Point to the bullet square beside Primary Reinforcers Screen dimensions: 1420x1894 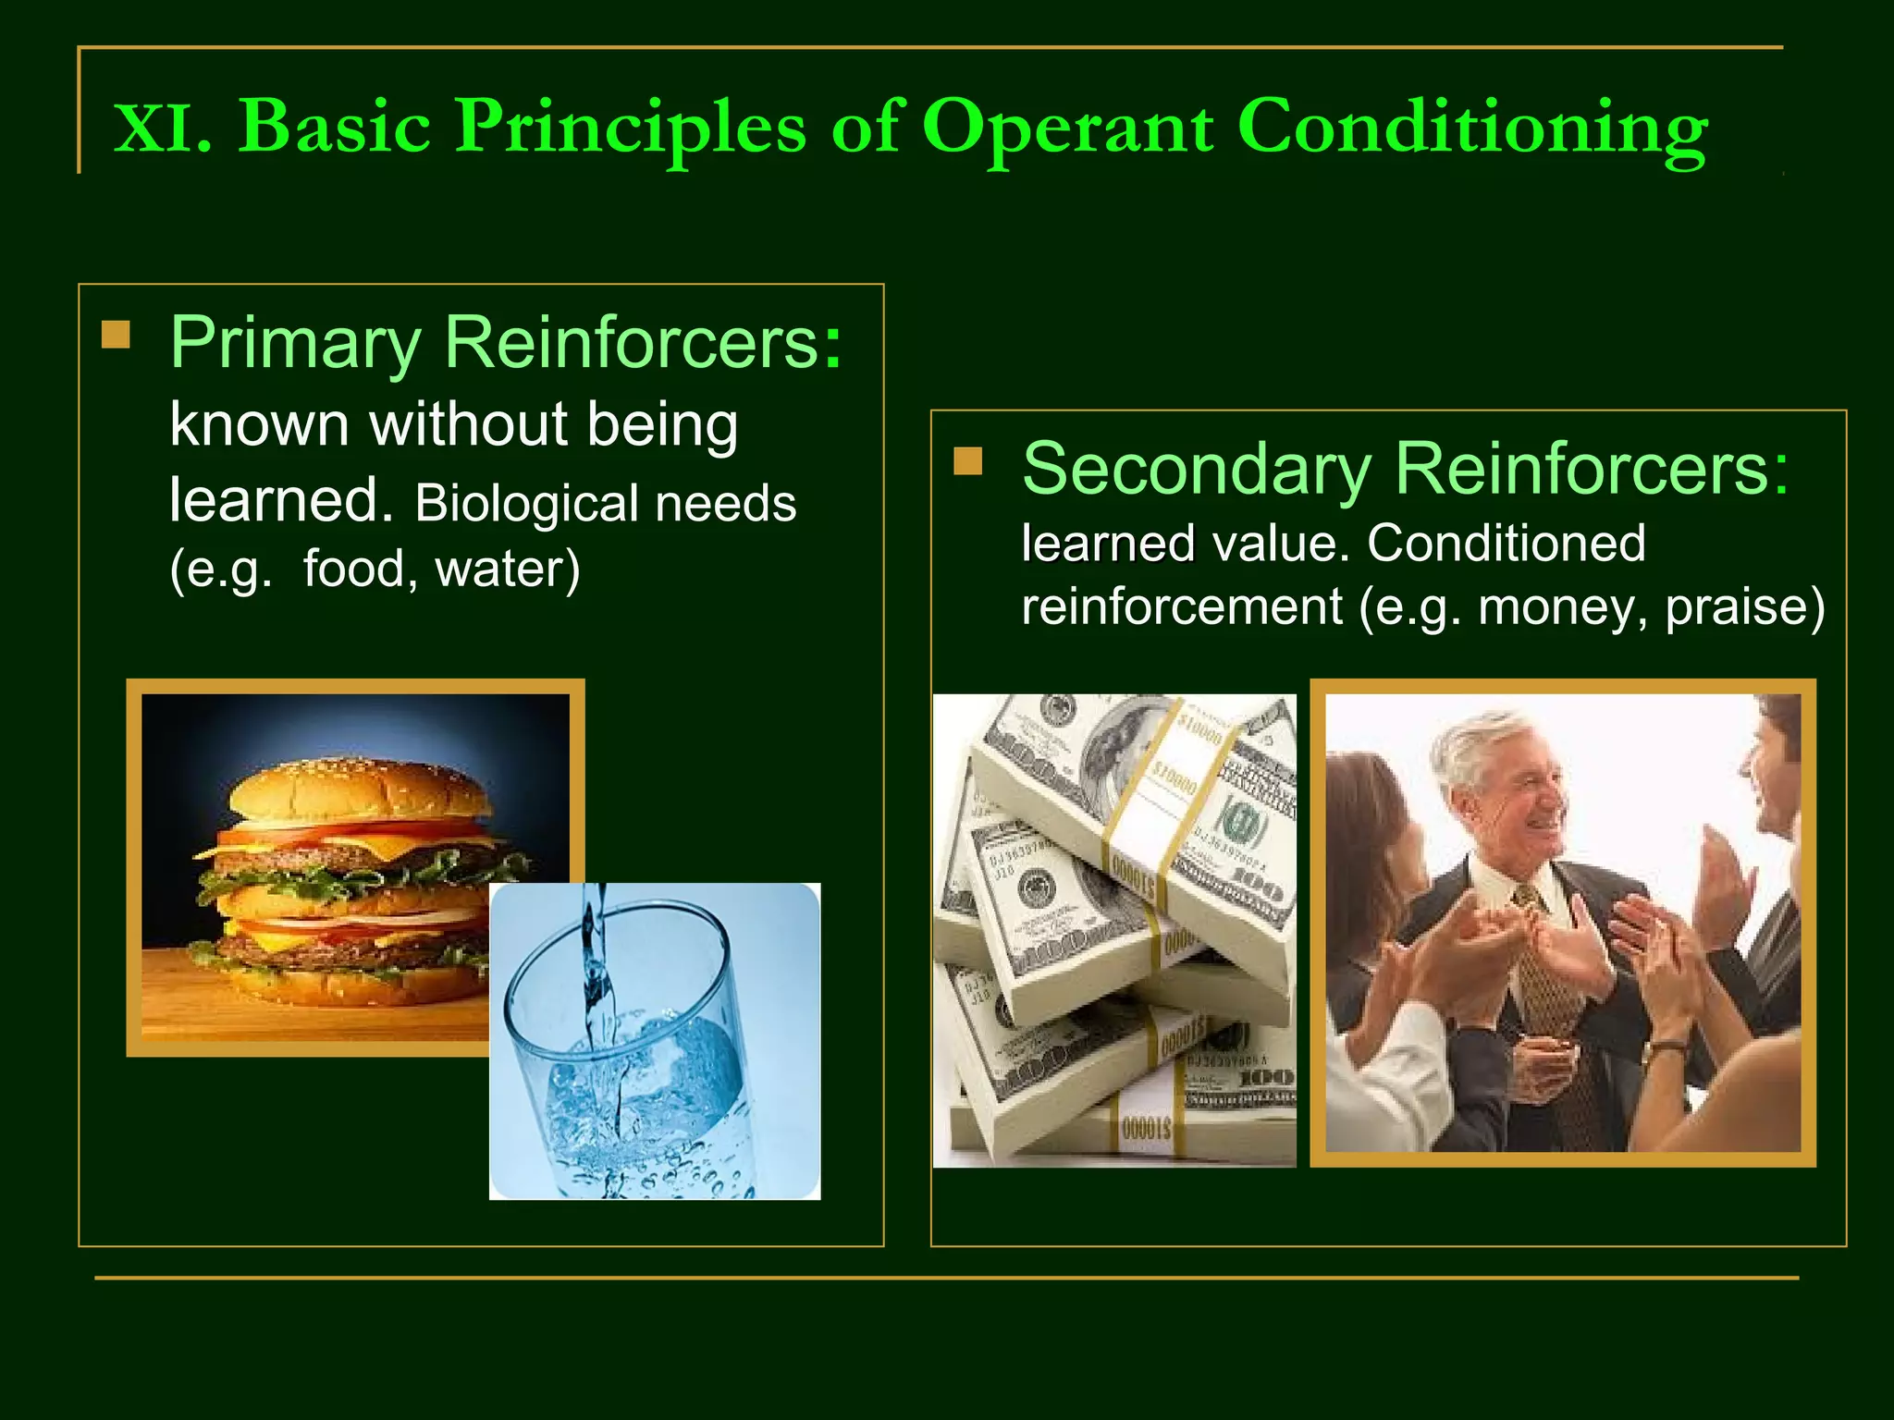(116, 334)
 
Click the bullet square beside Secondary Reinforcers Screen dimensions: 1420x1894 (967, 460)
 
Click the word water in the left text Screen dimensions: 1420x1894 (507, 569)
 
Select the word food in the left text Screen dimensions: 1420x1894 (353, 569)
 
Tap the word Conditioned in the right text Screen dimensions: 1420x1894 (1506, 544)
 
